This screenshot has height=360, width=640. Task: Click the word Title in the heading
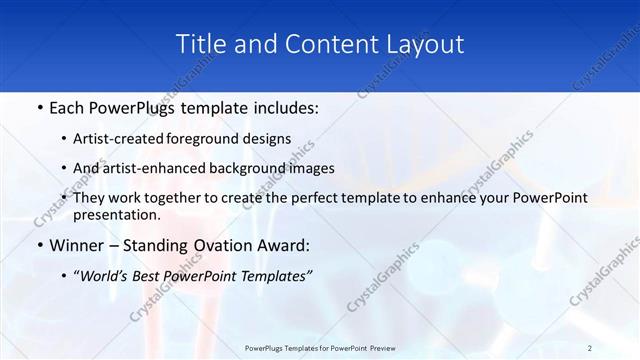(x=199, y=44)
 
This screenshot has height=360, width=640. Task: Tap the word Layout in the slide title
(x=426, y=44)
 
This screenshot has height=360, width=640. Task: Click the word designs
(x=269, y=138)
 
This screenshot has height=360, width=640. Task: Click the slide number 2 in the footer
(x=590, y=347)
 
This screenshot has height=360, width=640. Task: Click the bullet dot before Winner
(x=39, y=244)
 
